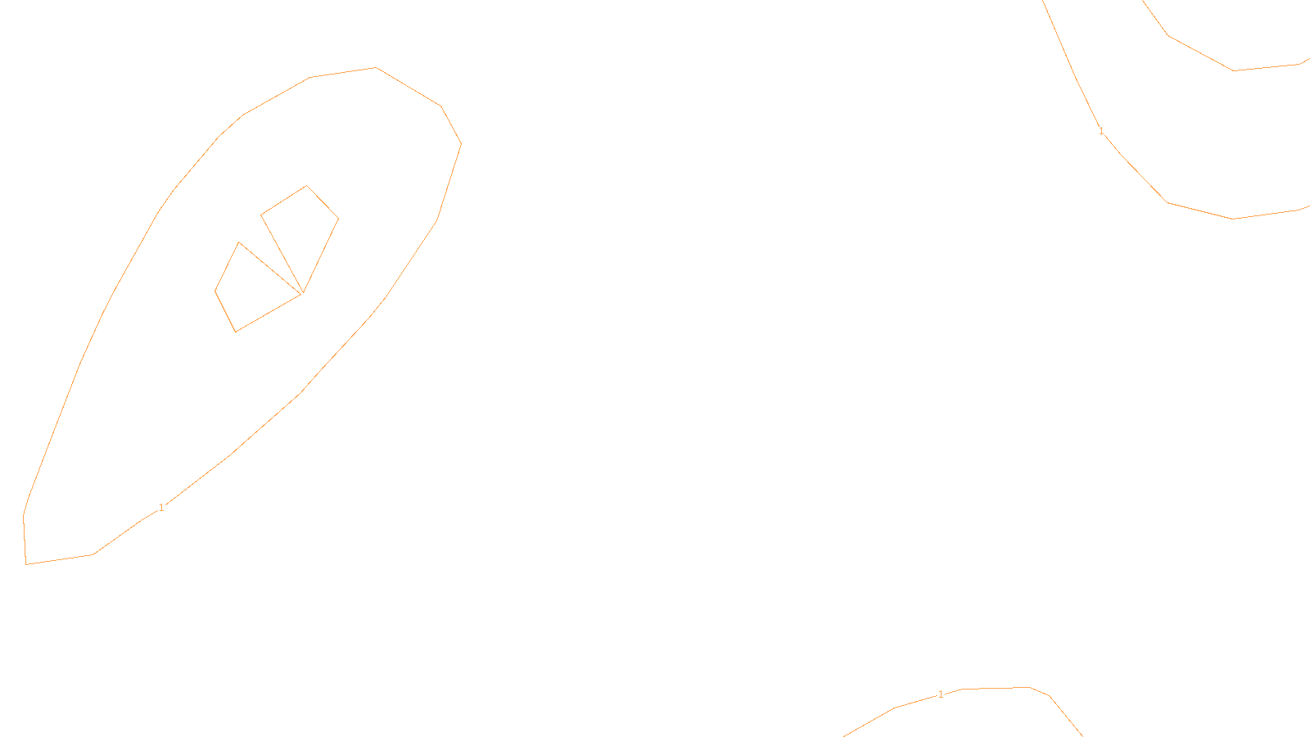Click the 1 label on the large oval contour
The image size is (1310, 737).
[x=161, y=508]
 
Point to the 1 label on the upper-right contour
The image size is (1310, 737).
[x=1101, y=131]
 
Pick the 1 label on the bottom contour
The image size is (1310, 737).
[x=941, y=694]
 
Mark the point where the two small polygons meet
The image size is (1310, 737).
[x=302, y=292]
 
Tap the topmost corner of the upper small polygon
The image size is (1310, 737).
[x=307, y=186]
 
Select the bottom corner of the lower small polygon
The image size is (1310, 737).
[x=236, y=332]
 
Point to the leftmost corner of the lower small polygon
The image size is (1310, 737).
[x=215, y=291]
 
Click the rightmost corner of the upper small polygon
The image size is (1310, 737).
[x=338, y=219]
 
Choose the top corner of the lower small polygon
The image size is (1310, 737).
[x=239, y=242]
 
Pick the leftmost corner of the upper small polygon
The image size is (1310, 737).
[x=261, y=215]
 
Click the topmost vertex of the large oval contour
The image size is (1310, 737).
[x=376, y=68]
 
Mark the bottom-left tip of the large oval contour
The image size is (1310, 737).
[x=26, y=563]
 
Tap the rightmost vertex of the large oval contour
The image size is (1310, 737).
[x=461, y=143]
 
